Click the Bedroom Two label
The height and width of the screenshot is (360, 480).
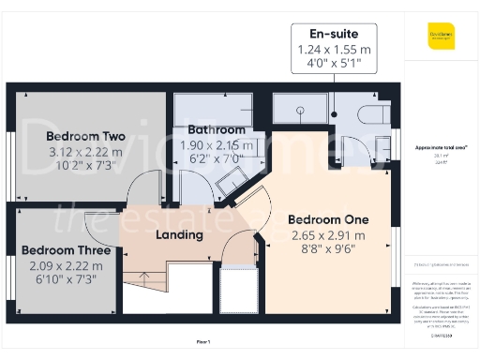85,136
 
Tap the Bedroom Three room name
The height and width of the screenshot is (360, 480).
67,250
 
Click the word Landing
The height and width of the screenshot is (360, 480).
179,234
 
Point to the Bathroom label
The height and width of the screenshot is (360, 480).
217,129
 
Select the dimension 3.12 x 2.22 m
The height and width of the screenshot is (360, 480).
85,152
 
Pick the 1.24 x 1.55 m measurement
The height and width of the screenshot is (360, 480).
335,49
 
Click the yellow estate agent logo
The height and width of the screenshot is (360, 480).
442,36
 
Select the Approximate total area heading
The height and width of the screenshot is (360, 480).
442,147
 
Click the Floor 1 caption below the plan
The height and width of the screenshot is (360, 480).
202,342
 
